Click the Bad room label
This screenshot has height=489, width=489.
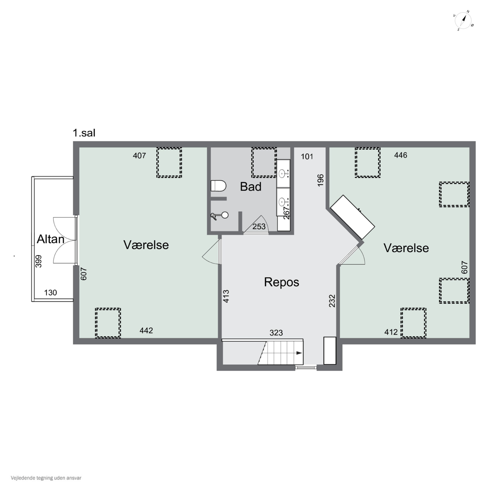coord(251,187)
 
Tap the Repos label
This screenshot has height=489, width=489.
coord(282,282)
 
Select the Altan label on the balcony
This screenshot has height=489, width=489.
coord(51,239)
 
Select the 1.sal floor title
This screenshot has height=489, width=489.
coord(84,133)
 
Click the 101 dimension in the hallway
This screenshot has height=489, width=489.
coord(307,157)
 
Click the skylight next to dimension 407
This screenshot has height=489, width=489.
coord(169,163)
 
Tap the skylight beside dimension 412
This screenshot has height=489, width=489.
coord(413,323)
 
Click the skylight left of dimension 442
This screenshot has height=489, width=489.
coord(108,323)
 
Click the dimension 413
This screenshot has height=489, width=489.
coord(226,296)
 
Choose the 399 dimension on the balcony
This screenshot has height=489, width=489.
coord(38,261)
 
